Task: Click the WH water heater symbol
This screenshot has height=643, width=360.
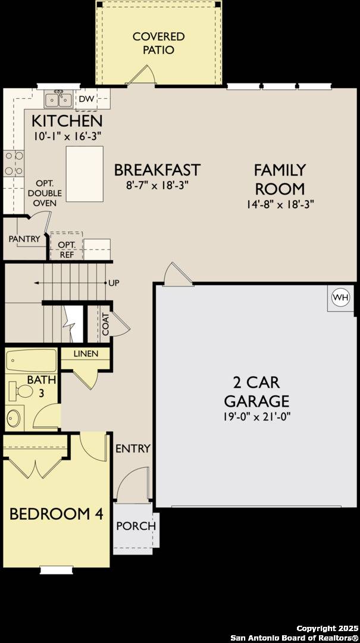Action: point(340,297)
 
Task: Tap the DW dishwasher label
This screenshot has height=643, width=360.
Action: point(86,99)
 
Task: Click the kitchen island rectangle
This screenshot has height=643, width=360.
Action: point(80,174)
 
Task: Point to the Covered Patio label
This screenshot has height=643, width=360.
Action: point(158,43)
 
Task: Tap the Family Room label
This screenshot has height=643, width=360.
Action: point(280,179)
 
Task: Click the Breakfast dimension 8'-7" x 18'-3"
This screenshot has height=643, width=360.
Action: point(157,185)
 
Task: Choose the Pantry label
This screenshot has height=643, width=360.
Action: point(24,239)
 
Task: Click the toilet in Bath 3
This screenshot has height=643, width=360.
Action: point(23,391)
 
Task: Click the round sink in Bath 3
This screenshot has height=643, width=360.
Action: point(15,417)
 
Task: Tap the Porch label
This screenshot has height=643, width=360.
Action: point(136,526)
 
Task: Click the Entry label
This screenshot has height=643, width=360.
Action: point(133,448)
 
